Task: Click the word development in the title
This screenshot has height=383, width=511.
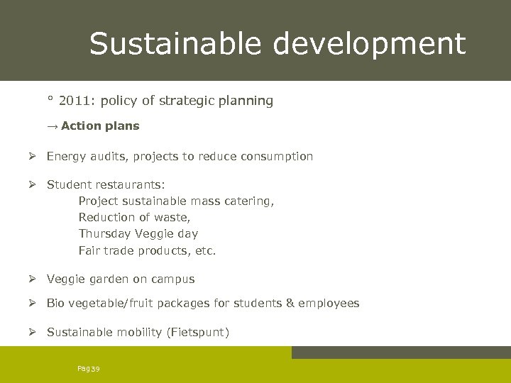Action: pos(370,43)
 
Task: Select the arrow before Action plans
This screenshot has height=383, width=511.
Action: pos(53,126)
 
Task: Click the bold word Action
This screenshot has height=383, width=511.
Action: pos(80,126)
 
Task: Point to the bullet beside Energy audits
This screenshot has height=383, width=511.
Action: pos(33,156)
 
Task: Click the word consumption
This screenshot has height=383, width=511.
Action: pos(278,156)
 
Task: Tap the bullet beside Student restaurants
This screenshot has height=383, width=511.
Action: pos(33,184)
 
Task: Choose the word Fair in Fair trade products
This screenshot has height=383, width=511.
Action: pos(89,250)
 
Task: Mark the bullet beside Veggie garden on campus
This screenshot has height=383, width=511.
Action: pos(33,279)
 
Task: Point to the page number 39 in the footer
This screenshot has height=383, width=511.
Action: pos(95,368)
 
